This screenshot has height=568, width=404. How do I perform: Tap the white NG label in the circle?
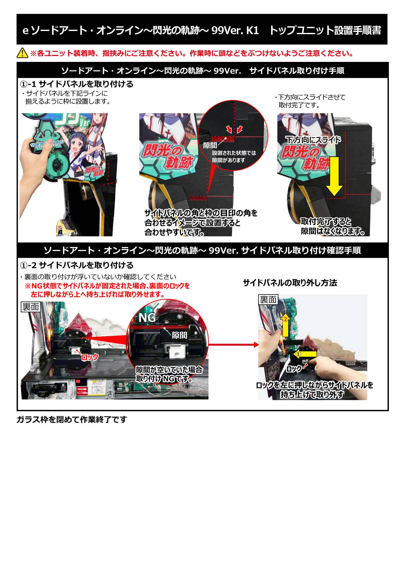pos(147,318)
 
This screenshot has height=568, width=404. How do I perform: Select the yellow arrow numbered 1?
pos(305,354)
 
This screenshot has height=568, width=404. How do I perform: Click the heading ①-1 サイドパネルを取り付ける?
pos(77,84)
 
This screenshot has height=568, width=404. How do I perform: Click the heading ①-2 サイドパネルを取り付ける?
pos(77,265)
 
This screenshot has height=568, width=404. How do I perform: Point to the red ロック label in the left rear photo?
pos(90,357)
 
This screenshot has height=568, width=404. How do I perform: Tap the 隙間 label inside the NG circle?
pos(179,335)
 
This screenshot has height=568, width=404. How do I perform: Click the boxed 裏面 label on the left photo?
pos(31,307)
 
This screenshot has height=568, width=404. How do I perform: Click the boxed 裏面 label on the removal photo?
pos(268,299)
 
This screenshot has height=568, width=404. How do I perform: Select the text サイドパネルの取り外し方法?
pos(290,283)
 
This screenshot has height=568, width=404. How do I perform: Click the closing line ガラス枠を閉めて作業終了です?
pos(72,419)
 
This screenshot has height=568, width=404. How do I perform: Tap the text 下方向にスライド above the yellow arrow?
pos(313,139)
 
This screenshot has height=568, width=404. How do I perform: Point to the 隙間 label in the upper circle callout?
pos(210,145)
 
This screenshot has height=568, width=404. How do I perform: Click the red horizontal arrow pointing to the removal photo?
pos(234,344)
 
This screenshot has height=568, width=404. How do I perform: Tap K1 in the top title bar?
pos(252,30)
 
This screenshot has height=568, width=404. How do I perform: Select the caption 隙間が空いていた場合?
pos(169,370)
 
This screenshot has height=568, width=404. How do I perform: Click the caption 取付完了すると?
pos(326,221)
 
